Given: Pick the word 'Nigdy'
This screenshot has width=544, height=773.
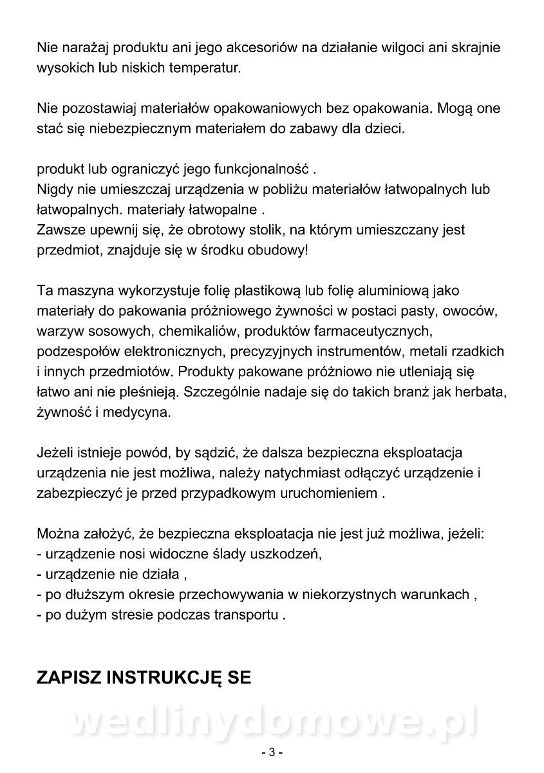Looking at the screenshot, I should coord(53,190).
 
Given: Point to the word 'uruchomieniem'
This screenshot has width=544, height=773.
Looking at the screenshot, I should coord(334,494).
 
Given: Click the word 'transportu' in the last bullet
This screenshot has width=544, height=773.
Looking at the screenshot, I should coord(247,615).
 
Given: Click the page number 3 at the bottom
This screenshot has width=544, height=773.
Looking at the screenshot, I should coord(272,752).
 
